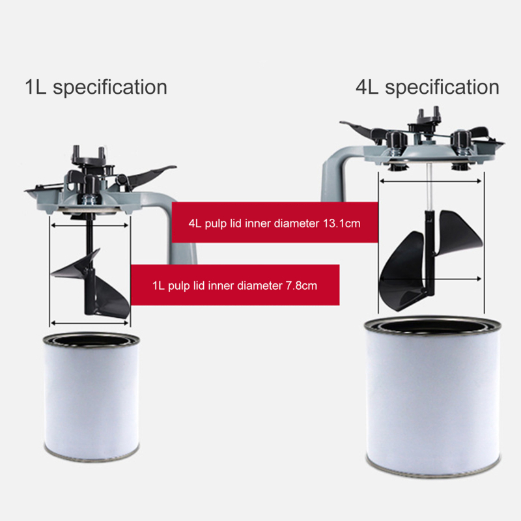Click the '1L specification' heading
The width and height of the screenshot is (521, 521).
96,87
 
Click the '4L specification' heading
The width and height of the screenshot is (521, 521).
427,87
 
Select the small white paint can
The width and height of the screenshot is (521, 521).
91,397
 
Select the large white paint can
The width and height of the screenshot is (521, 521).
432,395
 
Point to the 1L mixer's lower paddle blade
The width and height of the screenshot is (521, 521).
111,296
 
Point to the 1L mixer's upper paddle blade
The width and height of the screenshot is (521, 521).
75,265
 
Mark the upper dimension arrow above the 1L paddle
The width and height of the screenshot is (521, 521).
90,225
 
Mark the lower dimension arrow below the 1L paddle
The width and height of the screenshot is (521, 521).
90,322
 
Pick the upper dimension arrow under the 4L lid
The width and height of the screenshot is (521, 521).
430,181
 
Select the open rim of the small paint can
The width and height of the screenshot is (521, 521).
91,340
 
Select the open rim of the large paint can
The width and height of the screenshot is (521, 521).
432,325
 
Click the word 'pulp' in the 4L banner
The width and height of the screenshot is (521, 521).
216,224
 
